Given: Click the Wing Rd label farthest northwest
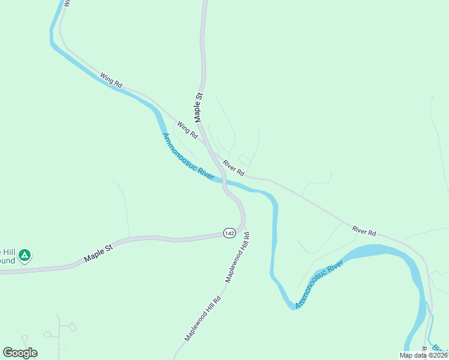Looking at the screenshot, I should click(111, 80).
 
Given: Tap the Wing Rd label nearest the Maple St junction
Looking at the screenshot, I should click(187, 130).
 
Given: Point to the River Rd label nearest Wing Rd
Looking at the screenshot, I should click(233, 167).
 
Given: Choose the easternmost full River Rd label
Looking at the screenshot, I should click(364, 230).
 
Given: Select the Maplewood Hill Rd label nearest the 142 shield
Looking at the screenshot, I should click(237, 258).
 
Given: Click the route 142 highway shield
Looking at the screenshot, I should click(229, 233).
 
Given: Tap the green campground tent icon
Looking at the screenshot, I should click(24, 256).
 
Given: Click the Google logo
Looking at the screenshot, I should click(20, 353).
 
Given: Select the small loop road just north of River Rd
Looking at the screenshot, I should click(244, 160).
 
